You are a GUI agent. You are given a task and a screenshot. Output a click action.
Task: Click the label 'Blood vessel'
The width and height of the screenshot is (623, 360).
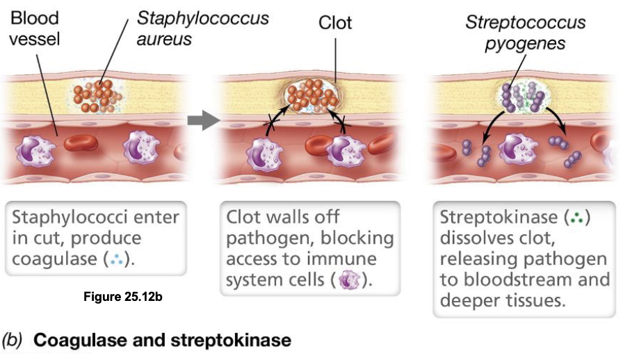(35, 27)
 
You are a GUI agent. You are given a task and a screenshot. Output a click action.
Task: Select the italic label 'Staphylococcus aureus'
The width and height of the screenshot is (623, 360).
(202, 27)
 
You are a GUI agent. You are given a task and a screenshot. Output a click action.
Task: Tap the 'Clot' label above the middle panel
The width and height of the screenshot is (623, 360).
(335, 22)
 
